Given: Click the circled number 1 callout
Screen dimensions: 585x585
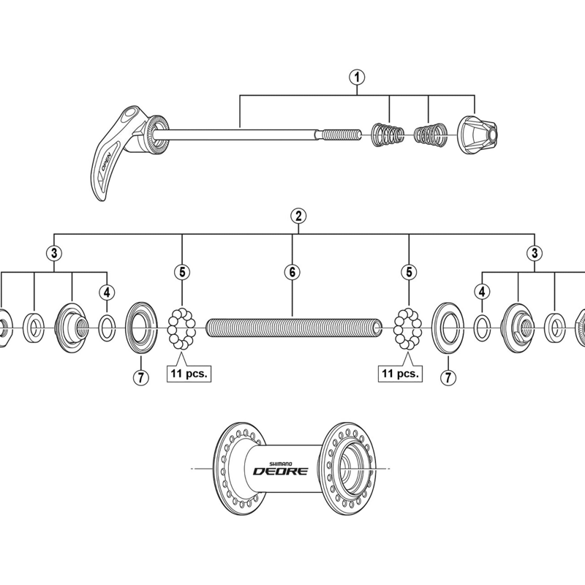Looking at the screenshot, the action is (x=357, y=78).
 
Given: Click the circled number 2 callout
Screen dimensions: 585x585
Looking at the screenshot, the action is (x=298, y=216).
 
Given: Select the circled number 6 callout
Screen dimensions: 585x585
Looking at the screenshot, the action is (x=292, y=272).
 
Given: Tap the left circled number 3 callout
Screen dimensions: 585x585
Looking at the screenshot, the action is (x=54, y=253).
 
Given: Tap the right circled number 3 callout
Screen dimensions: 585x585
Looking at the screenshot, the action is (x=535, y=253).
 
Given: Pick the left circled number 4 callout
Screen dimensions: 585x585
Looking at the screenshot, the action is (x=107, y=292).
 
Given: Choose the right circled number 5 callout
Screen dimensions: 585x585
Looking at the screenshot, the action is (x=409, y=272).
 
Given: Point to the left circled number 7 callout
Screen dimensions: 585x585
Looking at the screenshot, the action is (x=141, y=377).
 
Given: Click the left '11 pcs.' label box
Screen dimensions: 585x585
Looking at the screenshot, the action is (x=189, y=374).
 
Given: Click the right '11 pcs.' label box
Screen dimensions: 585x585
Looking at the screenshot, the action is (x=400, y=374).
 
